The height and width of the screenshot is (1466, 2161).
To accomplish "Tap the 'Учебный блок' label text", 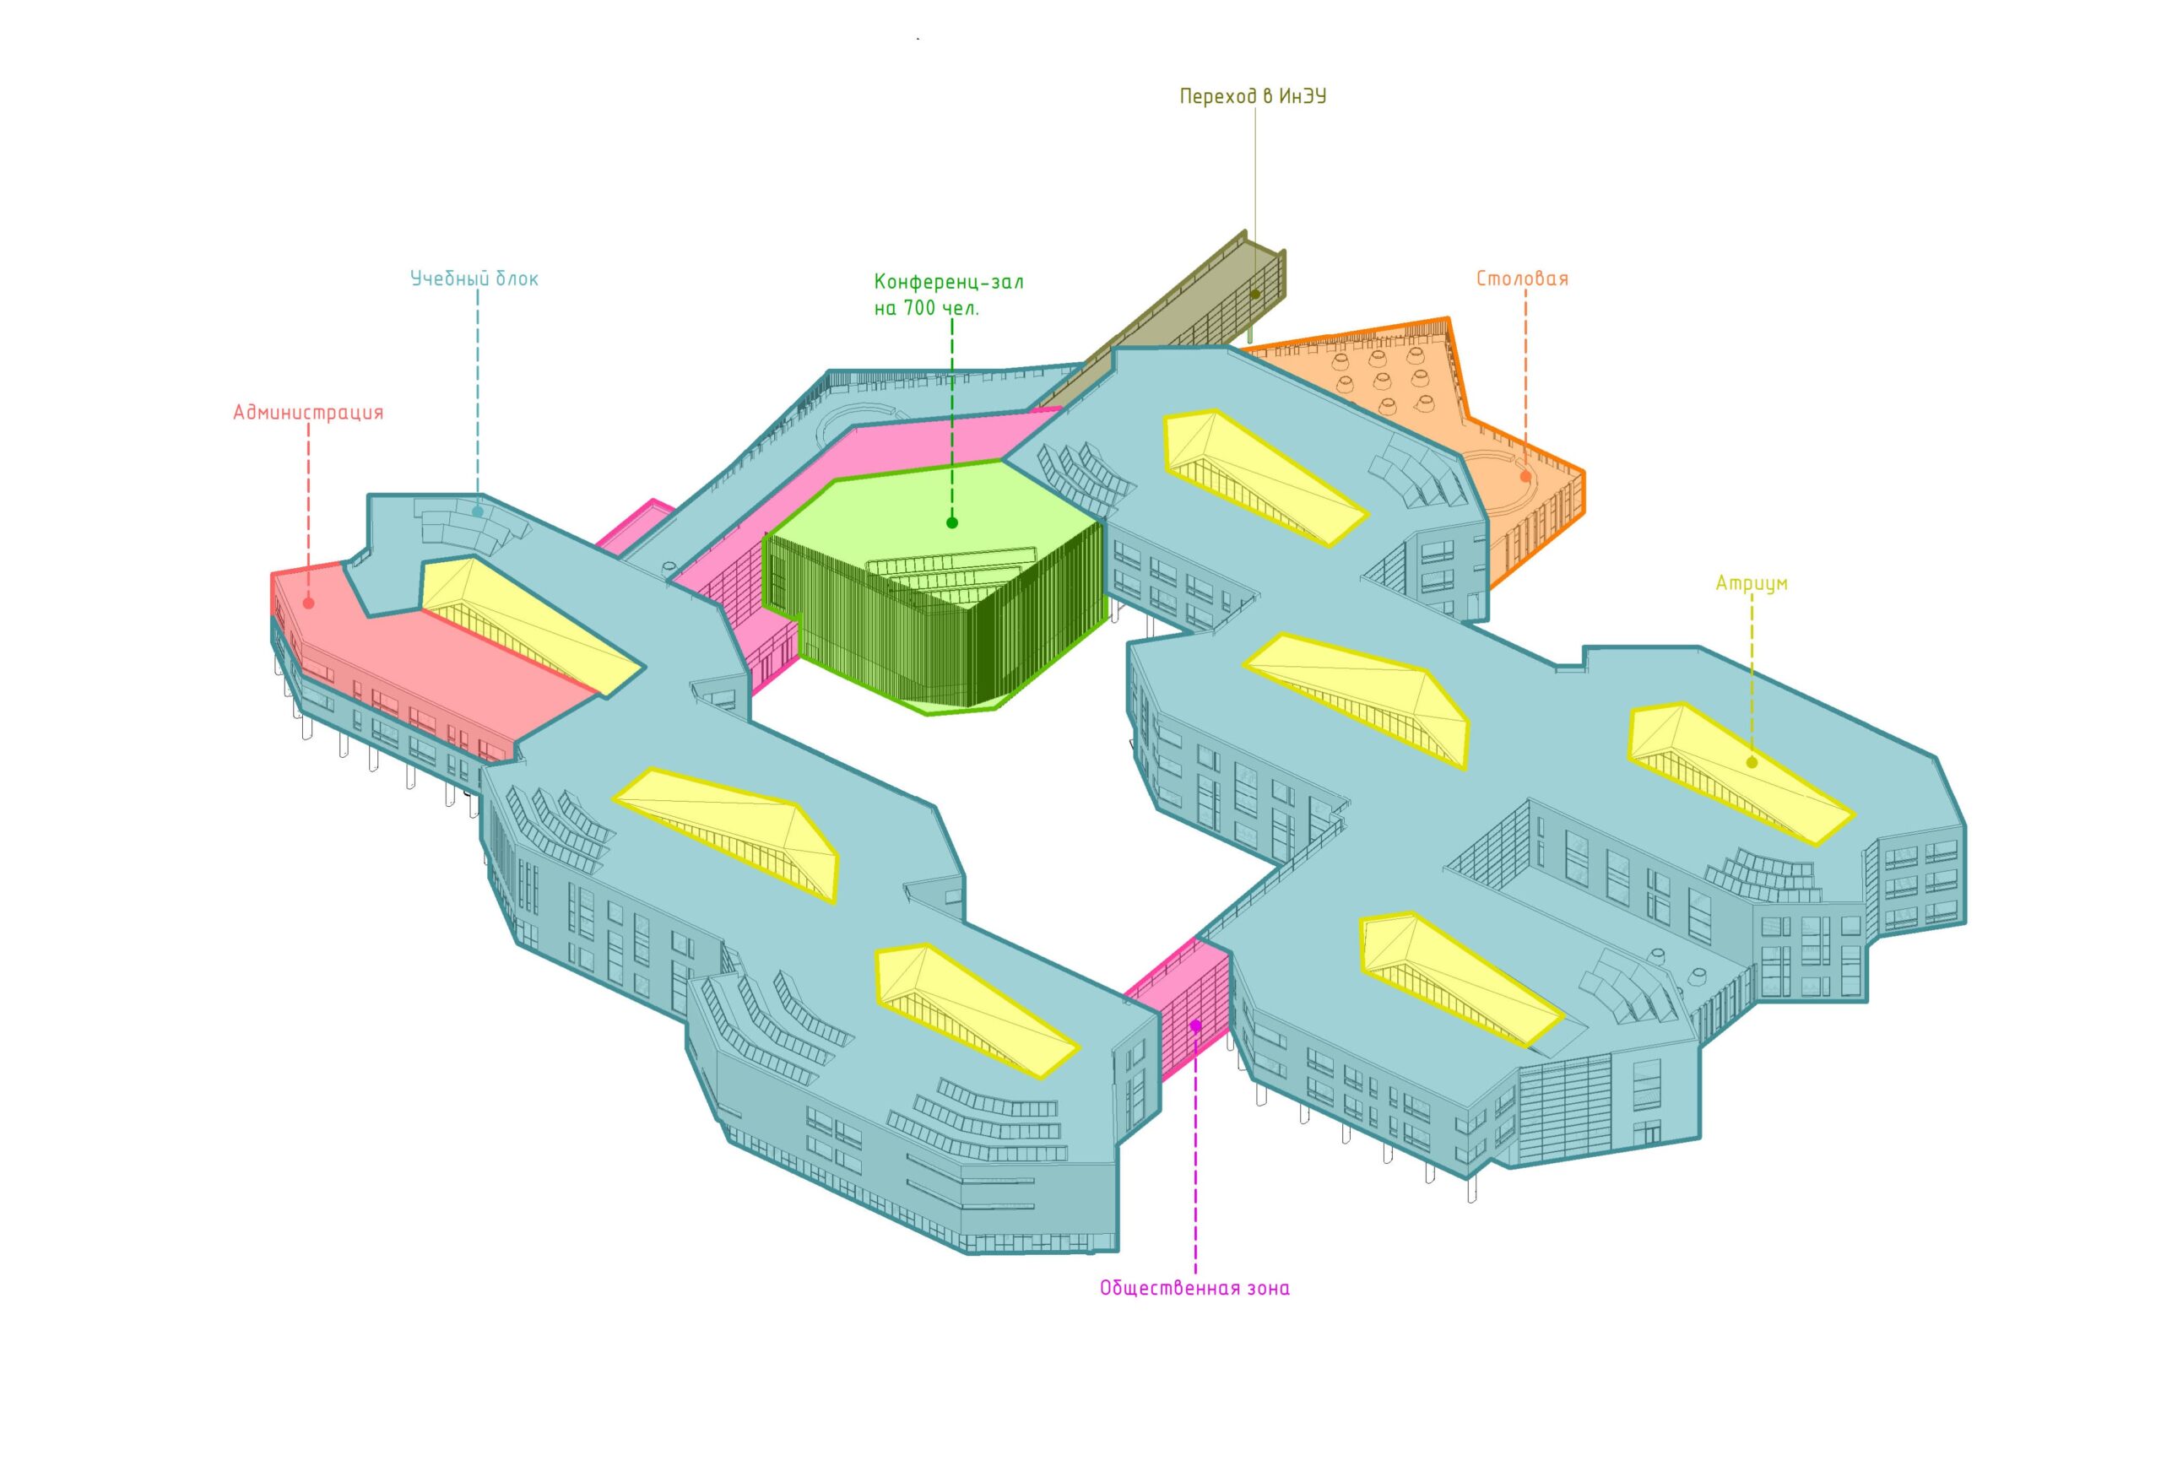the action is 474,278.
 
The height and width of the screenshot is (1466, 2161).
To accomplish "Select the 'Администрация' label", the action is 308,412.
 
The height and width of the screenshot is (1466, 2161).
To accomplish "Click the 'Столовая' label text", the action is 1522,278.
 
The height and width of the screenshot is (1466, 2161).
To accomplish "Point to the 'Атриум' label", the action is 1752,583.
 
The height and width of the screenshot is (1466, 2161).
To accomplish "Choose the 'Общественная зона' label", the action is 1194,1289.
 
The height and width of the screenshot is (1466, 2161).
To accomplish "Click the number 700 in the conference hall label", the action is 918,308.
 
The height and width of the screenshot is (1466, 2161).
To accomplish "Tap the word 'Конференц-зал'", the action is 949,281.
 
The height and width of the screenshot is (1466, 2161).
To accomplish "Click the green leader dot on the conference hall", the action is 952,522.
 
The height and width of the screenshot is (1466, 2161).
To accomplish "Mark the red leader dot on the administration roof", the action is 309,603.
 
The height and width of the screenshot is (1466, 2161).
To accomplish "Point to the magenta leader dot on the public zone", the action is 1196,1025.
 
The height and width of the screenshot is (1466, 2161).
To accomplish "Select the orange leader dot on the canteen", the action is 1526,477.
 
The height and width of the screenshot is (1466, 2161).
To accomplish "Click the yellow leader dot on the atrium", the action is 1752,762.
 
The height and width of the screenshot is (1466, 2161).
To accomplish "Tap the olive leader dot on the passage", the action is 1255,294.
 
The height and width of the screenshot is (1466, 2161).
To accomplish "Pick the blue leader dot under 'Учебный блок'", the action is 478,511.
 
